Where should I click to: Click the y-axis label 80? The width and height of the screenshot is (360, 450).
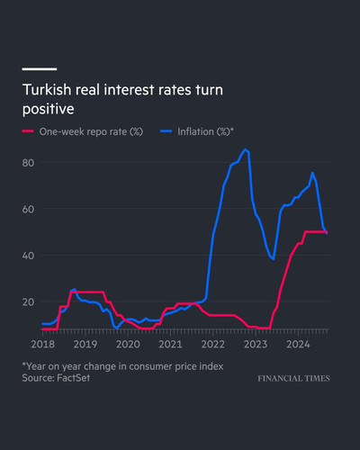(x=28, y=163)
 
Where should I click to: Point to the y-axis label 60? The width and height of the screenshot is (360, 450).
(x=28, y=209)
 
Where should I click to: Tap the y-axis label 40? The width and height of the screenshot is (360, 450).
(x=28, y=256)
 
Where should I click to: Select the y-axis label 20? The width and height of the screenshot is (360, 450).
(x=28, y=302)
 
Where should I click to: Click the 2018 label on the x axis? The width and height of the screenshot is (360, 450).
(x=43, y=345)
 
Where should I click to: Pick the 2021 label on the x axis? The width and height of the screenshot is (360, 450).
(x=170, y=345)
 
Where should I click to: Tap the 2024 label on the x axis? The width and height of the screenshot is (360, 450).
(x=298, y=345)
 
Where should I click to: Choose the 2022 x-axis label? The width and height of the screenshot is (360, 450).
(x=213, y=345)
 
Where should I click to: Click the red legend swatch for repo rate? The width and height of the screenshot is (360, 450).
(x=28, y=131)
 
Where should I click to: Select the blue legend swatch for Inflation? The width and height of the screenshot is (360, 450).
(x=166, y=131)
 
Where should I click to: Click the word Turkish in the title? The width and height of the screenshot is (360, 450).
(x=47, y=90)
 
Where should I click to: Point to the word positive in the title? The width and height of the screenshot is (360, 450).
(x=49, y=109)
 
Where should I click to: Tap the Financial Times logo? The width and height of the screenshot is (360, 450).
(x=293, y=379)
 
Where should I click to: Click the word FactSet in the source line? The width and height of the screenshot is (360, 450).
(x=73, y=378)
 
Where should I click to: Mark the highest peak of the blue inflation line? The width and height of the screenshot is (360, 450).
(x=245, y=149)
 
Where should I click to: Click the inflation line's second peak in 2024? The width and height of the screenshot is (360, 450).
(x=312, y=173)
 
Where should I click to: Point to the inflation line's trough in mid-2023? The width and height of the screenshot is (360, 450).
(x=274, y=259)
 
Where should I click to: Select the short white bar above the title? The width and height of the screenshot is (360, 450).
(x=40, y=69)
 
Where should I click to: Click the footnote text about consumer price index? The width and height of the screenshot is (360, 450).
(x=122, y=366)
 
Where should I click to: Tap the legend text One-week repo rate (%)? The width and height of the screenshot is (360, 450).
(x=91, y=131)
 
